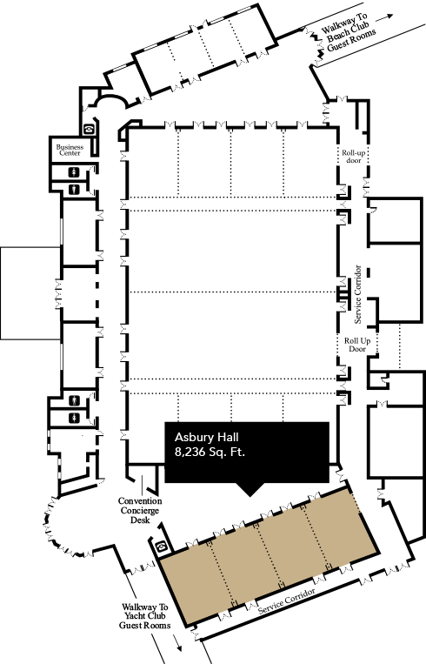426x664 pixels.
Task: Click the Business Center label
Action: pyautogui.click(x=70, y=150)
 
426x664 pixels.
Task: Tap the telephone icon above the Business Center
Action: pyautogui.click(x=89, y=129)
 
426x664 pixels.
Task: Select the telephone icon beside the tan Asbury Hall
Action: pyautogui.click(x=162, y=547)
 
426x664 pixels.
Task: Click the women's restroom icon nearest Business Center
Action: pyautogui.click(x=75, y=172)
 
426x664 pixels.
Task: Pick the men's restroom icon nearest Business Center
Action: pyautogui.click(x=75, y=189)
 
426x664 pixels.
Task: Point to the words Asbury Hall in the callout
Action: pyautogui.click(x=206, y=437)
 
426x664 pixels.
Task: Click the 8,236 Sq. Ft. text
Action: pyautogui.click(x=210, y=452)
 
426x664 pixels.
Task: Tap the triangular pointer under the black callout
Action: pyautogui.click(x=251, y=489)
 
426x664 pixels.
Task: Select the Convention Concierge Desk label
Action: pyautogui.click(x=140, y=510)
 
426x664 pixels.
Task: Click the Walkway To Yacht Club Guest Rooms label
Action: pyautogui.click(x=144, y=616)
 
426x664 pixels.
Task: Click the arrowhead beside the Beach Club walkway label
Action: pyautogui.click(x=389, y=16)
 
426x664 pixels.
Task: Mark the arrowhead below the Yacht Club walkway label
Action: pyautogui.click(x=179, y=648)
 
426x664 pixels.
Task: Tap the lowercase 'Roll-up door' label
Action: pyautogui.click(x=354, y=157)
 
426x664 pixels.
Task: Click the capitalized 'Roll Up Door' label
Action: pyautogui.click(x=357, y=345)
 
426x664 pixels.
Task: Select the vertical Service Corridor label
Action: pyautogui.click(x=358, y=294)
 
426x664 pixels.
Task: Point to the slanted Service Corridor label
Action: pyautogui.click(x=287, y=600)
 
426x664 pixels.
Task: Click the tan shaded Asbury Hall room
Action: pyautogui.click(x=269, y=557)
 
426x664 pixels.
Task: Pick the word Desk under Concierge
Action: pyautogui.click(x=140, y=520)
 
